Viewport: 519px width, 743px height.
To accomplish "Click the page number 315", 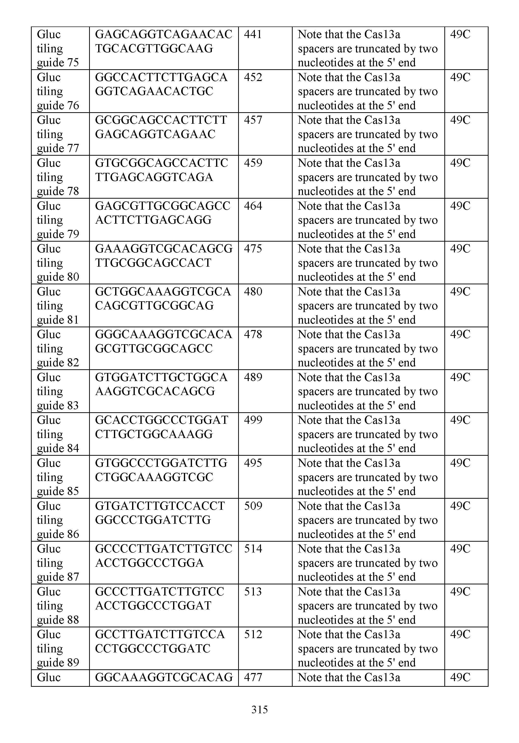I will pyautogui.click(x=259, y=709).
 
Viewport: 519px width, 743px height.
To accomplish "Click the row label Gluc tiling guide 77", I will pyautogui.click(x=58, y=134).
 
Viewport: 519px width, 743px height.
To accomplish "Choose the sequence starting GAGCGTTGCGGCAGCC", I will pyautogui.click(x=163, y=213).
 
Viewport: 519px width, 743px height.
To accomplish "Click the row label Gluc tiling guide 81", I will pyautogui.click(x=58, y=305).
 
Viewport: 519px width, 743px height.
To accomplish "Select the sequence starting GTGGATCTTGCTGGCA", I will pyautogui.click(x=161, y=384).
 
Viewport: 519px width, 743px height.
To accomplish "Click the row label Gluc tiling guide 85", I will pyautogui.click(x=58, y=477).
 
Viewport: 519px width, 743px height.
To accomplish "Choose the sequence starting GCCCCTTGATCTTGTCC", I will pyautogui.click(x=164, y=556).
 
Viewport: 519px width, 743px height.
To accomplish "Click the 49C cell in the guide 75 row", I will pyautogui.click(x=460, y=34).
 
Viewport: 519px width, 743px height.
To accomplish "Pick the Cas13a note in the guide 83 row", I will pyautogui.click(x=368, y=391).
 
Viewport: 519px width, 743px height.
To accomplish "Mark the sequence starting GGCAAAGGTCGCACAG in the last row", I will pyautogui.click(x=164, y=677).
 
